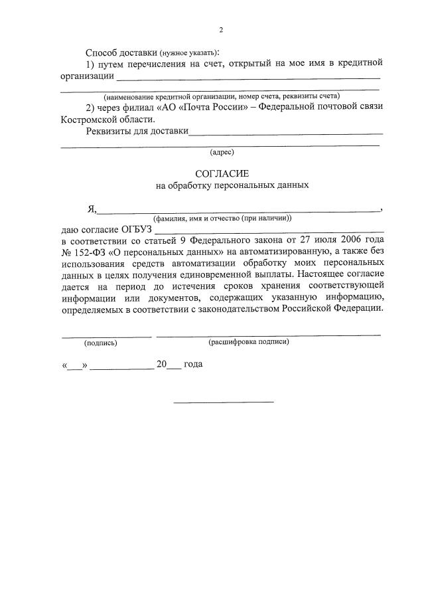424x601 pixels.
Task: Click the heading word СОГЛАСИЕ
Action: coord(222,173)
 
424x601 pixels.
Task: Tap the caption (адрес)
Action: coord(222,152)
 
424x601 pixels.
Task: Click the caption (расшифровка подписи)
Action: coord(249,342)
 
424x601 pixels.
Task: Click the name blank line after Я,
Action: coord(239,211)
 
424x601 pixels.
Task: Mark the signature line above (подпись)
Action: coord(106,335)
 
